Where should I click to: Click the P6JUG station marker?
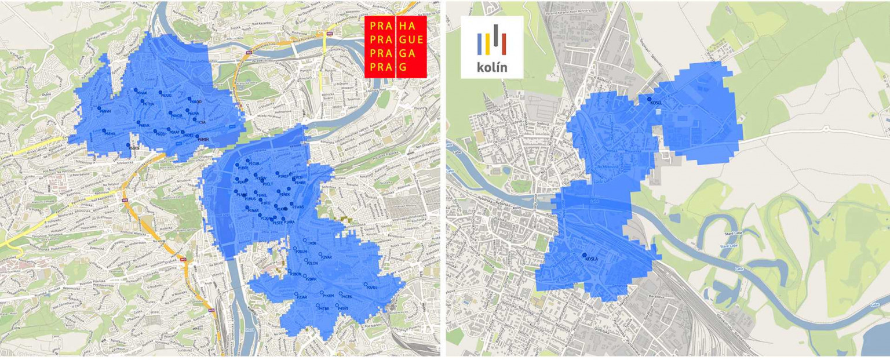[x=161, y=93]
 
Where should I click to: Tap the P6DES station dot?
[x=129, y=145]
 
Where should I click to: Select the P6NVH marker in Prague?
[x=99, y=108]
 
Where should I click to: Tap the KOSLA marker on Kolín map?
[x=584, y=255]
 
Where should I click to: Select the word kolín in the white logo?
[x=492, y=67]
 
